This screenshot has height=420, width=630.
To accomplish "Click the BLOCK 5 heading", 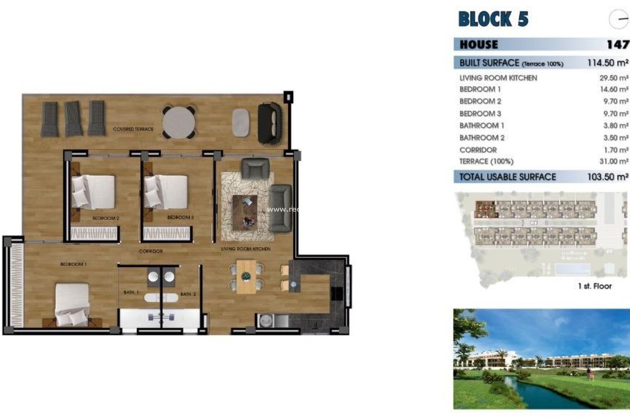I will tap(493, 19).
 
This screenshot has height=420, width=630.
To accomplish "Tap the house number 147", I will tap(618, 44).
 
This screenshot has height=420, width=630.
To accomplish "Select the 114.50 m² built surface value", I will tap(608, 63).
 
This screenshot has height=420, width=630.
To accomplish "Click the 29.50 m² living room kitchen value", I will tap(614, 78).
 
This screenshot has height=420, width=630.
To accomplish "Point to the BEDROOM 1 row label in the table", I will tap(480, 89).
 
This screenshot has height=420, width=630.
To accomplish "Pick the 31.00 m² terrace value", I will tap(614, 161).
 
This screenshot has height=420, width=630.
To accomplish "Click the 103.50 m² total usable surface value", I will tap(608, 177).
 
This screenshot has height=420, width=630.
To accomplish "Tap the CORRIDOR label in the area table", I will tap(478, 150).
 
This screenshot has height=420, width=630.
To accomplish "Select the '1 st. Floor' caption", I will tap(595, 286).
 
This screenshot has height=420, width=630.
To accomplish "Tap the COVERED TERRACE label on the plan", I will tap(133, 129).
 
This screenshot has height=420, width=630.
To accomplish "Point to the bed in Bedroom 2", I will tap(94, 192).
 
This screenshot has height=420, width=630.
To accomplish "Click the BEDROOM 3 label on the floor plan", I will tap(180, 217).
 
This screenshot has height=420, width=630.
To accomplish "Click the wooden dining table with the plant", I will tap(246, 277).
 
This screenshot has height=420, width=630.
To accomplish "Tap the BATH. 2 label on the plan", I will tap(188, 294).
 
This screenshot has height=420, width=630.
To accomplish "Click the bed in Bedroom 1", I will tap(72, 304).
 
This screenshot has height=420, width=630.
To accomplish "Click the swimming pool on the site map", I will tap(572, 269).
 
